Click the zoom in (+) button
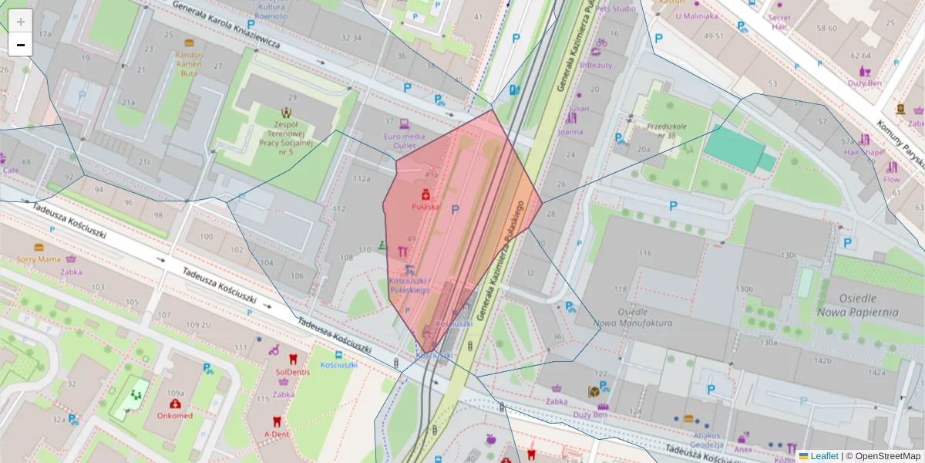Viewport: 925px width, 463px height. point(21,22)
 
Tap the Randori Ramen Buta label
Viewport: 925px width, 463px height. point(189,64)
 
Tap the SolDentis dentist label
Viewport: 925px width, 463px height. point(292,371)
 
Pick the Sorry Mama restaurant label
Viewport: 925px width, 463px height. point(39,259)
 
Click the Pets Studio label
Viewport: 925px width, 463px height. point(615,9)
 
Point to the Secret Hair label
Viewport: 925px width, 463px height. point(779,22)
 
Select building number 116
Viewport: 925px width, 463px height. point(644,253)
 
